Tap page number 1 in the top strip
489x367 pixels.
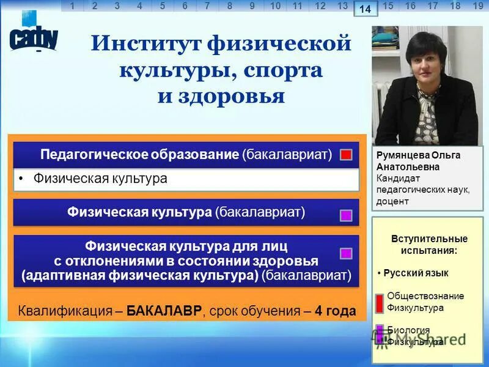[x=73, y=6]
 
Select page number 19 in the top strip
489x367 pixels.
[x=478, y=6]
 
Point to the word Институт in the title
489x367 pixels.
[x=145, y=45]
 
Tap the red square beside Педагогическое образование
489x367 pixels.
[x=346, y=155]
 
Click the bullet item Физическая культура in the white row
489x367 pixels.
[x=100, y=179]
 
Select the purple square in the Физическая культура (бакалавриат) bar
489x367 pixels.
[x=346, y=215]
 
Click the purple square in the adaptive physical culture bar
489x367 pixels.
[x=346, y=253]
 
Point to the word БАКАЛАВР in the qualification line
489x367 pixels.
[x=164, y=311]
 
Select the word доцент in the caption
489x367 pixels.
[x=392, y=201]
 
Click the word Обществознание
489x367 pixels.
[x=425, y=296]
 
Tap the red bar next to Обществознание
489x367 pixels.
[x=380, y=302]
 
